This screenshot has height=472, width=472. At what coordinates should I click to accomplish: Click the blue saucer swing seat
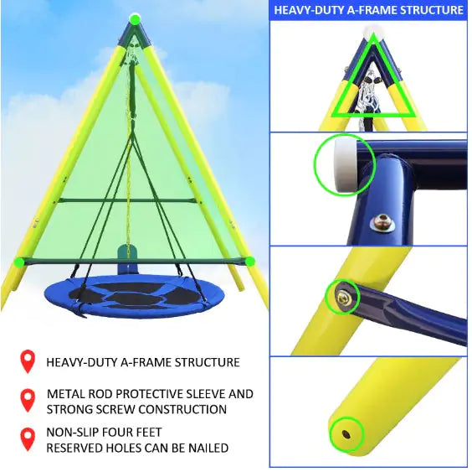(x=126, y=296)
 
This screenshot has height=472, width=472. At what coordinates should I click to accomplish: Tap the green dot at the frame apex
(x=136, y=19)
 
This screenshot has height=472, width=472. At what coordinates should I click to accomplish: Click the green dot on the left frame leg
(x=19, y=262)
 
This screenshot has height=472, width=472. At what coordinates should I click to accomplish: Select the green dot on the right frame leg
(x=249, y=262)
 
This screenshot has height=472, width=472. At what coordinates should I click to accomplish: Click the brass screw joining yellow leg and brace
(x=343, y=298)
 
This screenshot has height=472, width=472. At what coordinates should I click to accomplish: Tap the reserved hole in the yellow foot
(x=346, y=435)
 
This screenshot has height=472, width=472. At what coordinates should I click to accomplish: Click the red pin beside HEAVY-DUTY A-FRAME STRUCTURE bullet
(x=28, y=361)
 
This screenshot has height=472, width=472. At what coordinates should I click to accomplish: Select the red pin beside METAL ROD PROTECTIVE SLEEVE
(x=28, y=401)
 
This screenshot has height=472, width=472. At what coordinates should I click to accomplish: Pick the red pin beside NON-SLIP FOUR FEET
(x=28, y=439)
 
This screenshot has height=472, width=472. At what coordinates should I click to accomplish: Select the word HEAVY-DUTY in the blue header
(x=309, y=10)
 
